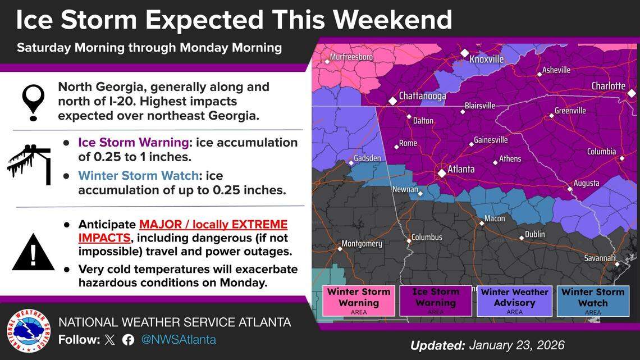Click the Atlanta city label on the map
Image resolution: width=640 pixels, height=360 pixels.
tap(460, 169)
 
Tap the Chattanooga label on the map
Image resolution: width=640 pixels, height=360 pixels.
tap(422, 96)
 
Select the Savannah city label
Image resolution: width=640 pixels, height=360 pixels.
tap(599, 258)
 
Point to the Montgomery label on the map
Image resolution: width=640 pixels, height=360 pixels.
tap(362, 244)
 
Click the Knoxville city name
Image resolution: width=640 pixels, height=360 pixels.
tap(486, 60)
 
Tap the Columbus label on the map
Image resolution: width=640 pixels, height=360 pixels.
tap(427, 238)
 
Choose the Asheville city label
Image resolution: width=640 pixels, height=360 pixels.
tap(557, 70)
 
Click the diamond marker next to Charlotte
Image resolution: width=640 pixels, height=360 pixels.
tap(632, 93)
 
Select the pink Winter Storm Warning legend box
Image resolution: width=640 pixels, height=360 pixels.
tap(359, 300)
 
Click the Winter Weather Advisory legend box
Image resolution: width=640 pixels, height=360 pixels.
tap(514, 300)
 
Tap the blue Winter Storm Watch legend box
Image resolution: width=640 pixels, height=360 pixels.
tap(593, 300)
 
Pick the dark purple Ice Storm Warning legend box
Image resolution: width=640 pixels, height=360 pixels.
tap(436, 300)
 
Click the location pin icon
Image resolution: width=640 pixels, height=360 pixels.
tap(33, 102)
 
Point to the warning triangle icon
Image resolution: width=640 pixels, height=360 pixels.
tap(33, 253)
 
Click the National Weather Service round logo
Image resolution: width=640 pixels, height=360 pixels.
tap(28, 331)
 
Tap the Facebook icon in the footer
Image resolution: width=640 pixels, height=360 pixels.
tap(128, 340)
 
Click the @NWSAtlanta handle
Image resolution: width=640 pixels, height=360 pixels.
tap(178, 340)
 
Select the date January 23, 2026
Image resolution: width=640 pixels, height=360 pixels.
tap(516, 345)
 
